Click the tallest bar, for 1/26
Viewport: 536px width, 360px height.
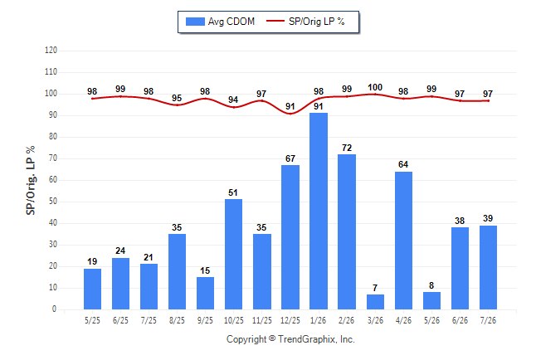pyautogui.click(x=319, y=211)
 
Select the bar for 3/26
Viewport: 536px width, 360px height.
pyautogui.click(x=375, y=302)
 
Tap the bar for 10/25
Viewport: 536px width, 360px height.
pyautogui.click(x=233, y=254)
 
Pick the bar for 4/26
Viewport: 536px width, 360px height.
pyautogui.click(x=403, y=241)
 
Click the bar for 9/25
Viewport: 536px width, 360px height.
pyautogui.click(x=205, y=293)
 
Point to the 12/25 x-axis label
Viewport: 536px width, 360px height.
pyautogui.click(x=290, y=320)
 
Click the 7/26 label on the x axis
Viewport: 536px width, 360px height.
pyautogui.click(x=488, y=320)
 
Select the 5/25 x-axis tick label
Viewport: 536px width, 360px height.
pyautogui.click(x=92, y=320)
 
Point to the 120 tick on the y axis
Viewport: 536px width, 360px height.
pyautogui.click(x=51, y=51)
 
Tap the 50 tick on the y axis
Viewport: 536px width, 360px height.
pyautogui.click(x=53, y=202)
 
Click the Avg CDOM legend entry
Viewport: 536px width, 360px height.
pyautogui.click(x=220, y=22)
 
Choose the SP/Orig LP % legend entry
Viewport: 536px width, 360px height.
pyautogui.click(x=305, y=22)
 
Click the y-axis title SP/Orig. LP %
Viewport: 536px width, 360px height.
pyautogui.click(x=31, y=180)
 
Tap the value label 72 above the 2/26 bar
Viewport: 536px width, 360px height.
pyautogui.click(x=347, y=148)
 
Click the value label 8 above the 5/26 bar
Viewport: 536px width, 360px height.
pyautogui.click(x=431, y=285)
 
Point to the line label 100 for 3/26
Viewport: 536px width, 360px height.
pyautogui.click(x=375, y=88)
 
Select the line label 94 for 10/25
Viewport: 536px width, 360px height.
pyautogui.click(x=233, y=100)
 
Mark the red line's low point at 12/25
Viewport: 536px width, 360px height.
pyautogui.click(x=290, y=114)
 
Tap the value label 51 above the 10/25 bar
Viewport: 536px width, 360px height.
pyautogui.click(x=233, y=192)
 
